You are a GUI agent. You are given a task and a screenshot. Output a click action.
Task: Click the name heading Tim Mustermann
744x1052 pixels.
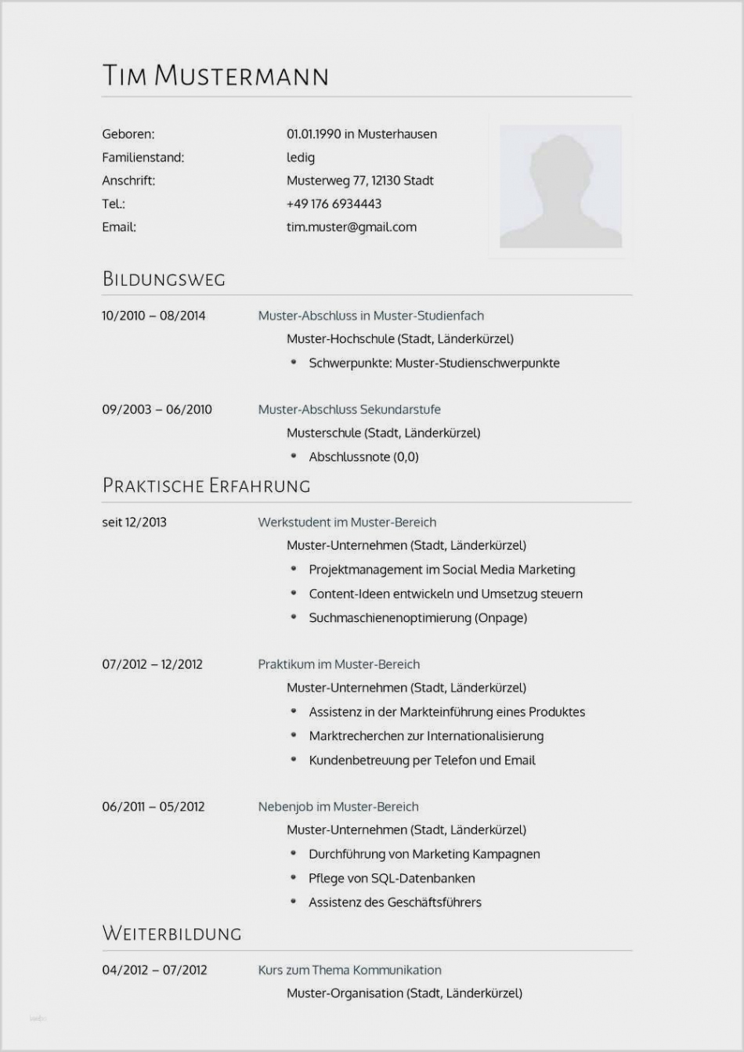(x=215, y=75)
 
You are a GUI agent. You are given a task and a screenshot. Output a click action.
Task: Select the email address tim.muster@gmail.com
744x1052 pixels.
(x=352, y=227)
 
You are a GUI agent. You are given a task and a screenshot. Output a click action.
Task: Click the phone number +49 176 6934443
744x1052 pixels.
(x=334, y=204)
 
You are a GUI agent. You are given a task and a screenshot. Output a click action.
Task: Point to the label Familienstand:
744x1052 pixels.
(x=143, y=157)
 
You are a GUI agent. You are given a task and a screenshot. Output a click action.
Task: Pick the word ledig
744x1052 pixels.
(x=301, y=157)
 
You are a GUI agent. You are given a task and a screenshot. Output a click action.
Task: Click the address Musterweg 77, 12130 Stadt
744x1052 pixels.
(x=360, y=180)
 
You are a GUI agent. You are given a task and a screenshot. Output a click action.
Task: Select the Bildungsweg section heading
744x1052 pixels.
(x=164, y=279)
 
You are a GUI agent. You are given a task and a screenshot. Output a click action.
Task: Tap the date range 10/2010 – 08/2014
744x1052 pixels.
(x=153, y=316)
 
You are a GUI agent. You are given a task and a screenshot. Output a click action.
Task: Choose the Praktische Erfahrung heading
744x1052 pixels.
(x=206, y=486)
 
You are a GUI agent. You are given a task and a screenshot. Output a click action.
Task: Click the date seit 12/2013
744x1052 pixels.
(x=134, y=522)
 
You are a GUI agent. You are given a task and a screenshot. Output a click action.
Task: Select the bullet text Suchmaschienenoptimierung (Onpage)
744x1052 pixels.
(x=417, y=618)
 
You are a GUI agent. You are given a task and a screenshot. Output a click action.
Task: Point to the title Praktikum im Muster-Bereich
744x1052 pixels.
(x=339, y=664)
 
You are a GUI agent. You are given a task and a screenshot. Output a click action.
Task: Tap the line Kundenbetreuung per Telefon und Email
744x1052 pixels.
(x=422, y=760)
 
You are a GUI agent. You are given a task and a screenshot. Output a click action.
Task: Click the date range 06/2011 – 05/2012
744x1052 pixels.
(x=153, y=807)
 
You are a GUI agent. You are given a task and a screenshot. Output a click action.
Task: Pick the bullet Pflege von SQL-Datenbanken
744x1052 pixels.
(x=392, y=878)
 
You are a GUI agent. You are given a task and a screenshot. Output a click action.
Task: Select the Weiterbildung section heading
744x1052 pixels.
(x=172, y=934)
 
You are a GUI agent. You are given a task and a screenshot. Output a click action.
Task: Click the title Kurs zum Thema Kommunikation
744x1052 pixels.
(x=350, y=970)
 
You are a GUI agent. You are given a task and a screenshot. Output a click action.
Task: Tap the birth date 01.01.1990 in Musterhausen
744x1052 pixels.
(x=362, y=134)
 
